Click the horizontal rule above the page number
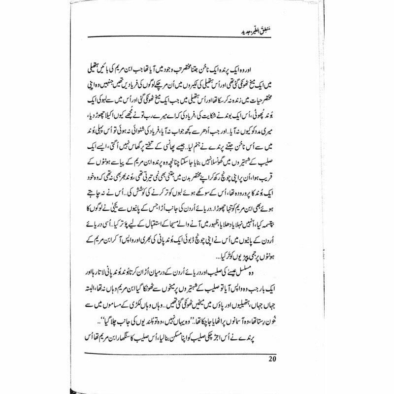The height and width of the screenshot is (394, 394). click(x=197, y=350)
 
